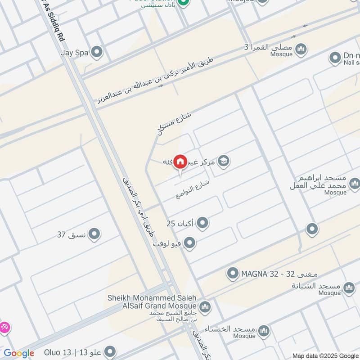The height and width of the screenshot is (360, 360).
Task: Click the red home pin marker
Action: coord(180,162)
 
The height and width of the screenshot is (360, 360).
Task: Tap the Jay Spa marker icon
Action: coord(96,52)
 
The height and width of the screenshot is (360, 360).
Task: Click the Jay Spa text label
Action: coord(73,52)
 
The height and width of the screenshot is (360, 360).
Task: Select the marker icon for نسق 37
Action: coord(94,234)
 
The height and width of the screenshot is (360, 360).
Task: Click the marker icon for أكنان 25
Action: coord(203,223)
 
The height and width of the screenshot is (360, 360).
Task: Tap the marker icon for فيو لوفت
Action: coord(190,243)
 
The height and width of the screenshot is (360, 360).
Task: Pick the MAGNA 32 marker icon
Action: coord(233,273)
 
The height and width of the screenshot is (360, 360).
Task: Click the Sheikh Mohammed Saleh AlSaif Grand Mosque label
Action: coord(152,301)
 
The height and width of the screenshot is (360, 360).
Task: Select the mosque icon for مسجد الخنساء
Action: coord(264,331)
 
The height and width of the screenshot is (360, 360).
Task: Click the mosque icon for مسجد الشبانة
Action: coord(349,288)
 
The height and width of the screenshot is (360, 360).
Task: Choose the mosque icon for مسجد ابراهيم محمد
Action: coord(354,183)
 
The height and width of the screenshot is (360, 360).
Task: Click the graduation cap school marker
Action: coord(223,161)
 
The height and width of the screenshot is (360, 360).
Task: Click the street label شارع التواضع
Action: coord(193,189)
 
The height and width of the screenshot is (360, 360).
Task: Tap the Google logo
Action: coord(18,353)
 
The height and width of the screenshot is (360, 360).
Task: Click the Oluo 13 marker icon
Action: coord(109,351)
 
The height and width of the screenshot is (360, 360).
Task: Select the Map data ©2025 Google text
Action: coord(325,355)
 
